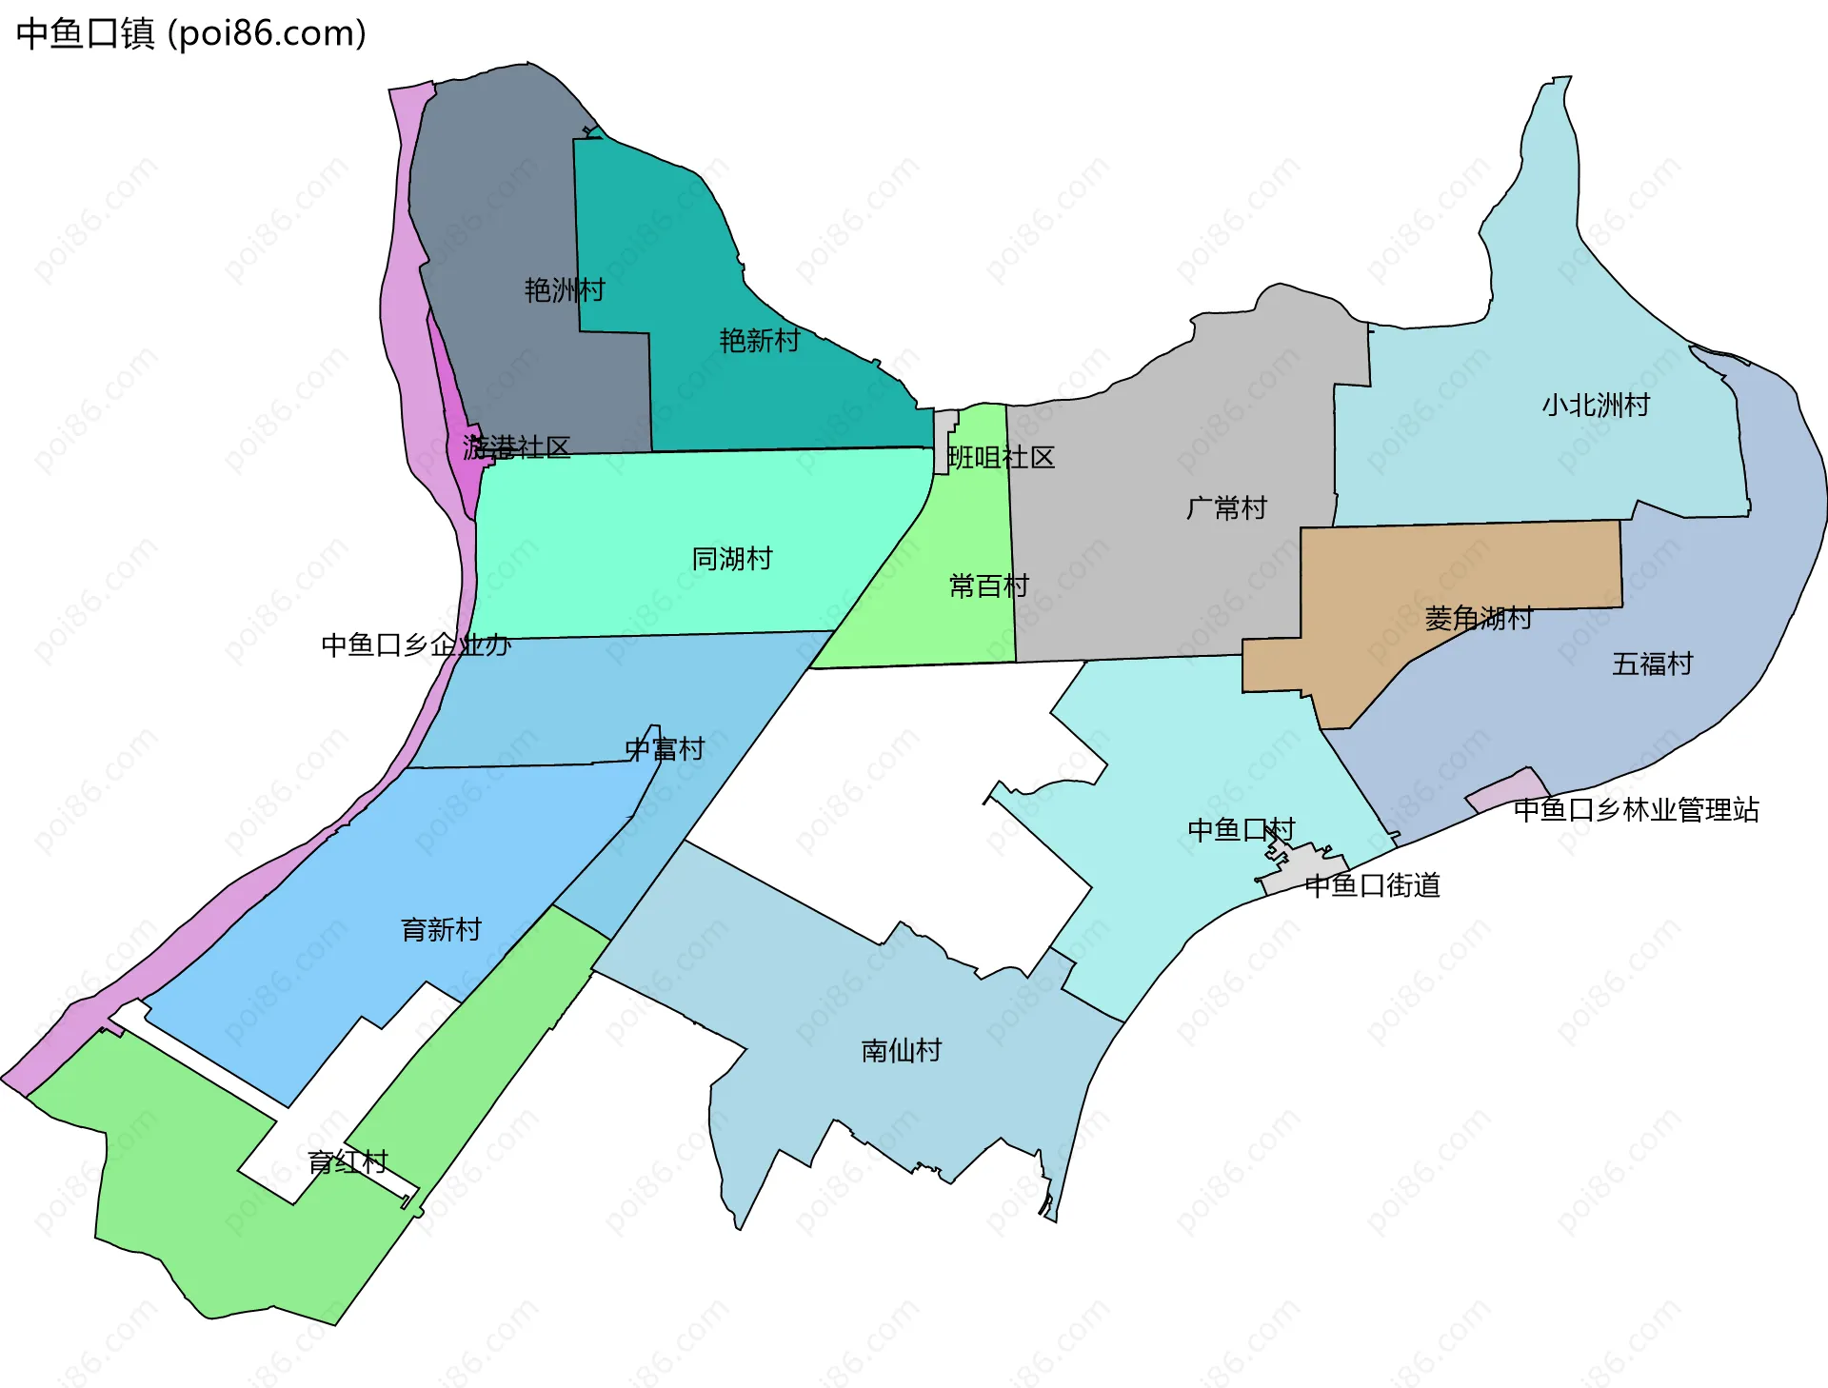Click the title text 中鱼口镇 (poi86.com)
click(190, 34)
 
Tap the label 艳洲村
click(565, 290)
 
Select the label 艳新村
click(759, 341)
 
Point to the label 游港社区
click(516, 447)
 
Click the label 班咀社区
click(1002, 458)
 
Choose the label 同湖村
click(731, 559)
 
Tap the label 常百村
click(989, 585)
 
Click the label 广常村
click(1226, 508)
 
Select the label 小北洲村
click(1596, 406)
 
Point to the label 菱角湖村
click(1478, 619)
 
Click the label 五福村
click(1652, 664)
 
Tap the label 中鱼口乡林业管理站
click(1636, 810)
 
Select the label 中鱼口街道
click(1372, 886)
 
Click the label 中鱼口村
click(1241, 830)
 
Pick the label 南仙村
click(901, 1051)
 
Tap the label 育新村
click(441, 930)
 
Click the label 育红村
click(348, 1162)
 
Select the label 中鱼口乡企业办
click(416, 645)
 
